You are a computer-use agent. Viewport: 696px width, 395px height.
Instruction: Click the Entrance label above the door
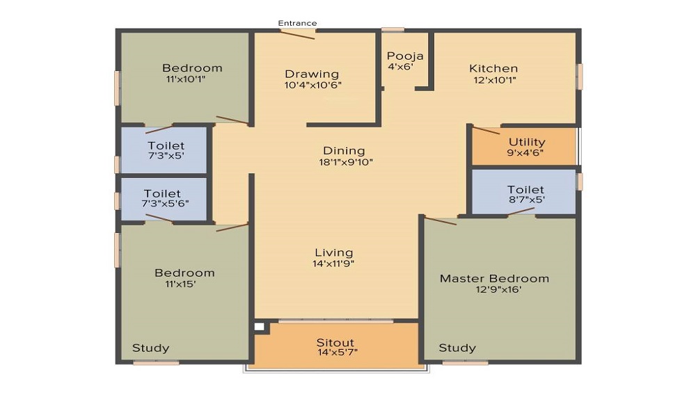point(297,23)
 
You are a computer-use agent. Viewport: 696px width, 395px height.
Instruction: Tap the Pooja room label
point(405,56)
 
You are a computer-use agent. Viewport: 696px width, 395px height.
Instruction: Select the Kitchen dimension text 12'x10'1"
point(494,80)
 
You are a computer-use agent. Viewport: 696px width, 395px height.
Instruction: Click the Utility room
point(524,147)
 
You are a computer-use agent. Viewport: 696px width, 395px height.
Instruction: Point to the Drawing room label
point(312,74)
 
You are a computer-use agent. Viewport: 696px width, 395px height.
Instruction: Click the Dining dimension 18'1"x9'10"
point(346,162)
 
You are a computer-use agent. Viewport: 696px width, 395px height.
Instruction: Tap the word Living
point(334,253)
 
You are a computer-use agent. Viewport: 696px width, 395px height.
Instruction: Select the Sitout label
point(335,342)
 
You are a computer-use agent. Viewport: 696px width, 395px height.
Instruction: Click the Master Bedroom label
point(494,278)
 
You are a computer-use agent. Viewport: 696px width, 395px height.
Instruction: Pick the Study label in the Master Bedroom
point(457,348)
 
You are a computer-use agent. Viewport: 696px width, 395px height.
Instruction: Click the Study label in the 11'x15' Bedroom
point(150,348)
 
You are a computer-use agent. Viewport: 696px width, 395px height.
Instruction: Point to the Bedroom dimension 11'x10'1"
point(186,79)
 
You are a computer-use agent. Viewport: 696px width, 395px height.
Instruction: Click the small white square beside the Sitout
point(259,327)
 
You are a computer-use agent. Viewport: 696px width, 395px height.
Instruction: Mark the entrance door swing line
point(297,35)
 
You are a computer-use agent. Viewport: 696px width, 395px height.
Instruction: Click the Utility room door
point(486,130)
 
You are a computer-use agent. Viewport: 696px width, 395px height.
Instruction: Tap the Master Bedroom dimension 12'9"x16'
point(498,289)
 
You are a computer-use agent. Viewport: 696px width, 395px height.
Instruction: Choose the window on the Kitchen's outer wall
point(579,76)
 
